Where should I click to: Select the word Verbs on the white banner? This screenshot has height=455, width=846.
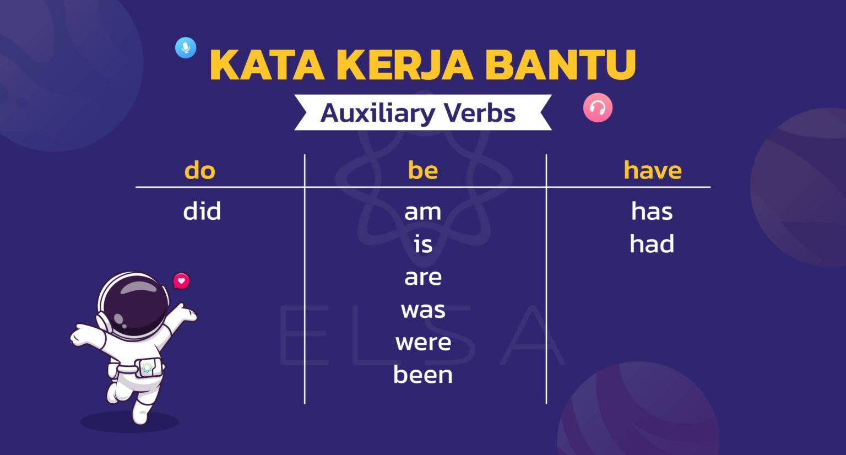point(479,113)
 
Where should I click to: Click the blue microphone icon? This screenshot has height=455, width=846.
point(186,48)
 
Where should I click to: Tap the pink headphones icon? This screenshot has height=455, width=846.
point(598,108)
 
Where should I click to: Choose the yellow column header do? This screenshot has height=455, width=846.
point(200,170)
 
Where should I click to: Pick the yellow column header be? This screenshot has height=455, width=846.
point(423,170)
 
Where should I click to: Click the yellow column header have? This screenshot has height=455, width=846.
point(653,170)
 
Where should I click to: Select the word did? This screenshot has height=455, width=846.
point(202,211)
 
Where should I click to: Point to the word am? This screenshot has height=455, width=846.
point(423,212)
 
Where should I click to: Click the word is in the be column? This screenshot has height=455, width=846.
point(423,244)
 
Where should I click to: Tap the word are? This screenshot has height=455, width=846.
point(423,277)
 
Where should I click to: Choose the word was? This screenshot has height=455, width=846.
point(423,310)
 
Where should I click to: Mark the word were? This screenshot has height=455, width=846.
point(423,343)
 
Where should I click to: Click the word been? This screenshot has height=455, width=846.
point(423,375)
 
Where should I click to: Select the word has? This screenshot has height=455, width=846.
point(652,211)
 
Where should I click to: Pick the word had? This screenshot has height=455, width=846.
point(652,244)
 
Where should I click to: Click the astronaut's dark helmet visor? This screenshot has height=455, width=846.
point(136,302)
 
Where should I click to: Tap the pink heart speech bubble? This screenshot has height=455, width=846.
point(181,281)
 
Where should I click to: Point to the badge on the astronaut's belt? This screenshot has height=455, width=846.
point(148,367)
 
